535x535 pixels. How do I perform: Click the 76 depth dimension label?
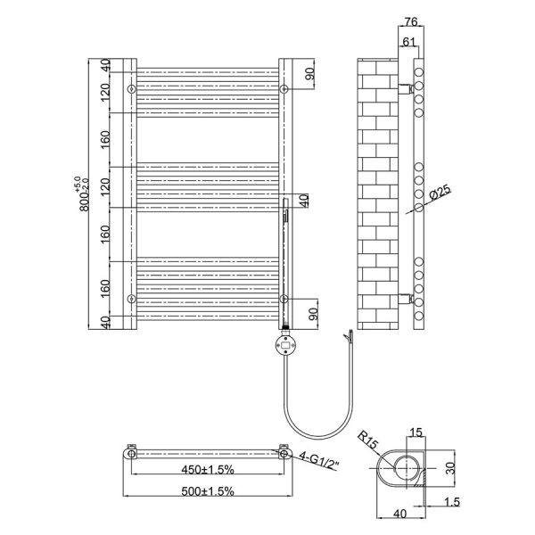411,21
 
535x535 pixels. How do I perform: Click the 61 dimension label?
408,42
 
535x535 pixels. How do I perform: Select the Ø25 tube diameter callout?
440,193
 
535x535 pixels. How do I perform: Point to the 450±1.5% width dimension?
208,470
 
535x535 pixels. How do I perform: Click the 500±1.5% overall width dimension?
208,491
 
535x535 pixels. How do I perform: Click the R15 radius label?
367,440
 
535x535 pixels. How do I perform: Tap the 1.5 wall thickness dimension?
452,502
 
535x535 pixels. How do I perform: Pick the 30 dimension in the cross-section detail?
450,468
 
